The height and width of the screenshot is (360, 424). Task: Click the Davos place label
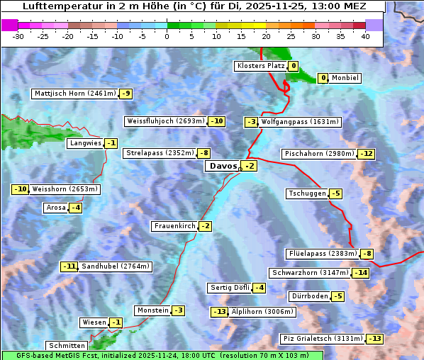point(223,166)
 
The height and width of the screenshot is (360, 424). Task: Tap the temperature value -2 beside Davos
point(250,166)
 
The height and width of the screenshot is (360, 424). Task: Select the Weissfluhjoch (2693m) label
point(165,121)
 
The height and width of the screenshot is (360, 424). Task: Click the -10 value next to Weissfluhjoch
point(216,121)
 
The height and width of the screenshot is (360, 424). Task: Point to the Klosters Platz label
point(260,66)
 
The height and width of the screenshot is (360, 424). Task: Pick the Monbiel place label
point(345,78)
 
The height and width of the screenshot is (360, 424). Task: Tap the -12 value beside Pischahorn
point(366,154)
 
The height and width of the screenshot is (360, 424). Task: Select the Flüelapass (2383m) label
point(322,254)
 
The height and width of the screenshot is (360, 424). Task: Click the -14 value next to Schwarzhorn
point(361,273)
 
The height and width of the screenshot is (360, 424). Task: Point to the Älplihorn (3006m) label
point(262,312)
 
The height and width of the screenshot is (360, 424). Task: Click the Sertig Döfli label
point(229,288)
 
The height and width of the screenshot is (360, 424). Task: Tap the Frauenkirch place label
point(174,226)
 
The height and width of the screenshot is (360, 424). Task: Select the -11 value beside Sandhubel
point(69,266)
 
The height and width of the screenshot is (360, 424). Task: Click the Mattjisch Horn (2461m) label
point(74,94)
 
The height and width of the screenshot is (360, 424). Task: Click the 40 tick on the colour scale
point(365,36)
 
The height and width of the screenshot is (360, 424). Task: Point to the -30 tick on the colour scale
point(18,36)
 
